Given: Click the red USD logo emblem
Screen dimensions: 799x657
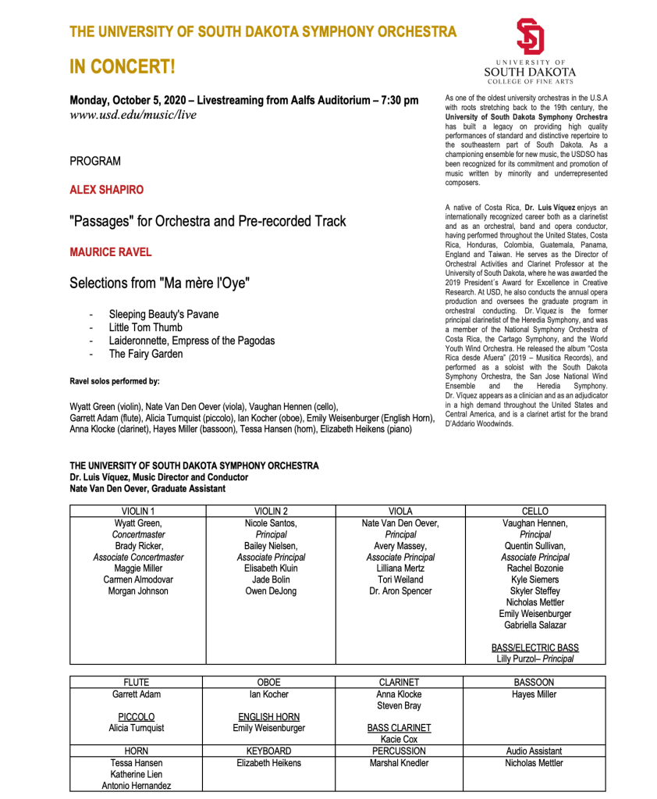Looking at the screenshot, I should coord(530,37).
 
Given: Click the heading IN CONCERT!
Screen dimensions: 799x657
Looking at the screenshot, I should coord(123,67).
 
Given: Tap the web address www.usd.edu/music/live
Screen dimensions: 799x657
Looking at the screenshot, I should coord(133,116).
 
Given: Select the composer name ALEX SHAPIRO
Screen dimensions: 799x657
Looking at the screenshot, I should coord(106,190).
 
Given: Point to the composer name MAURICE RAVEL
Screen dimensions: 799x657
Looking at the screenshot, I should coord(110,252).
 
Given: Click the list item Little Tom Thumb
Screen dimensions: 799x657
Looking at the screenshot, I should coord(145,327).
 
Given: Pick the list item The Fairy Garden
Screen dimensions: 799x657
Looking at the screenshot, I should coord(145,354).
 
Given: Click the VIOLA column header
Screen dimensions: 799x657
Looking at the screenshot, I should coord(400,511).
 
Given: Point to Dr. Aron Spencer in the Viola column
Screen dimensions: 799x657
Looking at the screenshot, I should coord(400,590).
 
